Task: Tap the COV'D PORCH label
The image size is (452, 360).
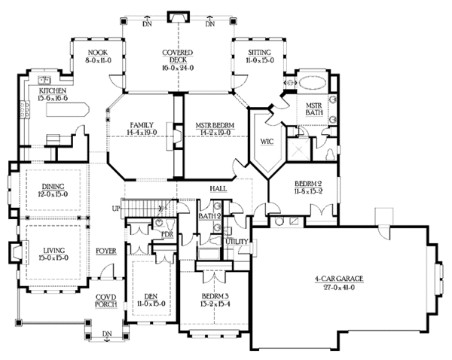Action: click(105, 301)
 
